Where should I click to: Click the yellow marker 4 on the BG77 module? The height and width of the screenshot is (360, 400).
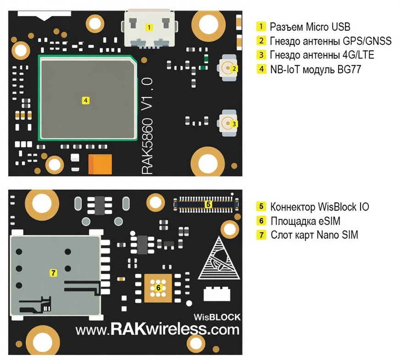(x=85, y=99)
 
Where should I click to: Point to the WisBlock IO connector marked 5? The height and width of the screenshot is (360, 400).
(x=208, y=204)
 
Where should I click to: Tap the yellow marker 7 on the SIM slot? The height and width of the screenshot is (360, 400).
(x=53, y=273)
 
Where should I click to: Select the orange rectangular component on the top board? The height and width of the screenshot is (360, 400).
(x=100, y=164)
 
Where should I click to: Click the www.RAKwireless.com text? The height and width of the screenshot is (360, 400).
(x=157, y=330)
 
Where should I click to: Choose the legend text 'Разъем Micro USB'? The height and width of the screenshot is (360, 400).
(x=310, y=26)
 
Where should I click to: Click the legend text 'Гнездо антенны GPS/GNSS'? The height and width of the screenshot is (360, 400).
(x=330, y=41)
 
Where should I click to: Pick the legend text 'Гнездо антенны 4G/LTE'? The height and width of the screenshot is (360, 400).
(x=322, y=55)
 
